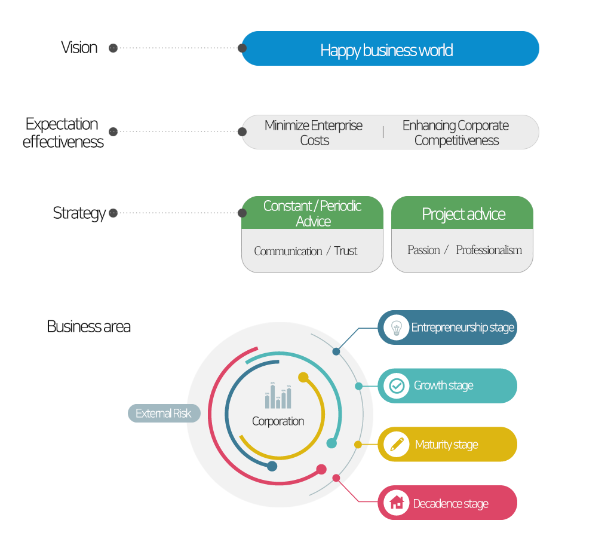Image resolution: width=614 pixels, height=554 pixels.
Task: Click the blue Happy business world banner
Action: (390, 49)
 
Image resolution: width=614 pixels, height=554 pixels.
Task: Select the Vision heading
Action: (79, 48)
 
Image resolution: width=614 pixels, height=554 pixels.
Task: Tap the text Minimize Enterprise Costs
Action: (314, 133)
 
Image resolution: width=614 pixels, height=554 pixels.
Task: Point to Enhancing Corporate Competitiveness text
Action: (456, 133)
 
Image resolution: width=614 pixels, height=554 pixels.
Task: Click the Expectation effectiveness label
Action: (63, 133)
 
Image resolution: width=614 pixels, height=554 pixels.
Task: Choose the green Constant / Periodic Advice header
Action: (312, 213)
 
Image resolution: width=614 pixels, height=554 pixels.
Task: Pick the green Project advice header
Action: (463, 214)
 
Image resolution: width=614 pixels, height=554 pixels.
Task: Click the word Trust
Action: (346, 251)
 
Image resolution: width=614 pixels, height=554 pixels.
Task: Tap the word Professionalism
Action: (489, 250)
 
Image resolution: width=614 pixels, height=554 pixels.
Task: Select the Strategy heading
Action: (79, 213)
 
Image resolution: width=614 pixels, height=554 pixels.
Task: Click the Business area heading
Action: (88, 327)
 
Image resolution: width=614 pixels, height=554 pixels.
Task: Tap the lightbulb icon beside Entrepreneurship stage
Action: (396, 327)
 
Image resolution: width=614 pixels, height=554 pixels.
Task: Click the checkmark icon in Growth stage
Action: (397, 386)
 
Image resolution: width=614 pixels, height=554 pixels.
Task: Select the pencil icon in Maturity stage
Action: (397, 444)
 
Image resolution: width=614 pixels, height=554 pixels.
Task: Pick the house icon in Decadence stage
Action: (397, 503)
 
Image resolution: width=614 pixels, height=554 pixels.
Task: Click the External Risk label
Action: (164, 414)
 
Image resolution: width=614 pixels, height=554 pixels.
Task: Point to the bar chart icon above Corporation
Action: (278, 396)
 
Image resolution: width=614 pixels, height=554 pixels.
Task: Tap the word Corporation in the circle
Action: (278, 421)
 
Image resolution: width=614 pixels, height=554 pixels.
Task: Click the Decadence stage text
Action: (451, 504)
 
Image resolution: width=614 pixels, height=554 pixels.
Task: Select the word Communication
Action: (288, 252)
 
